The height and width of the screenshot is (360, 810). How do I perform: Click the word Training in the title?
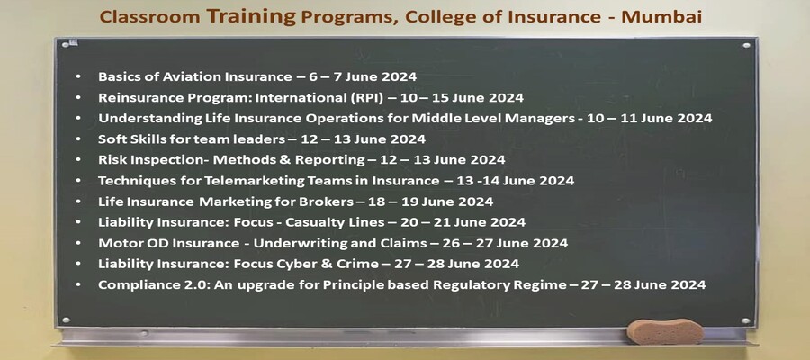pos(253,15)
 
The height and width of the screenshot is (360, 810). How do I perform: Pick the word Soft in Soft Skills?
pos(113,139)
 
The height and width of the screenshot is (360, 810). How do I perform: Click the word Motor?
pos(119,243)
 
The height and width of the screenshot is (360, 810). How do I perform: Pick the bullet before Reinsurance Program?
pos(80,97)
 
